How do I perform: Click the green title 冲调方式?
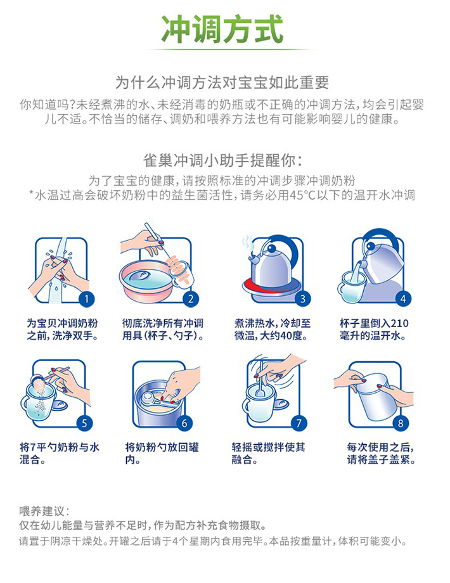(222, 29)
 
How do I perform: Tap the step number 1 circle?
(87, 299)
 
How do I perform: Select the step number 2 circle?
(191, 299)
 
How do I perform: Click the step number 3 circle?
(302, 299)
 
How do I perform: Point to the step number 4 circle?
(403, 298)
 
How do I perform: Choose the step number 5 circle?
(84, 423)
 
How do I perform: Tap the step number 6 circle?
(184, 423)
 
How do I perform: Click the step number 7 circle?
(299, 423)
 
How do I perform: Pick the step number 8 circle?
(401, 423)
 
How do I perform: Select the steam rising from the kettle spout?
(247, 243)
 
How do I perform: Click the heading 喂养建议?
(42, 511)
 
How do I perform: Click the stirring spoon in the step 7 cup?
(260, 381)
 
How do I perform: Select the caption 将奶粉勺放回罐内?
(162, 453)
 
